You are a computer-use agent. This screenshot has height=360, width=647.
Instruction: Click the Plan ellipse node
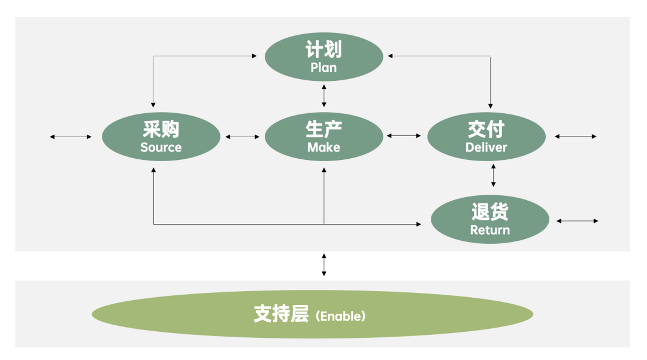(323, 56)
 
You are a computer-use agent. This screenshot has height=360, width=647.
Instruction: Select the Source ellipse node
(161, 137)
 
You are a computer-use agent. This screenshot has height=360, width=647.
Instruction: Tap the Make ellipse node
(323, 137)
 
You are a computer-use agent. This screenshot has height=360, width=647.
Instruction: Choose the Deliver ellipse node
(486, 137)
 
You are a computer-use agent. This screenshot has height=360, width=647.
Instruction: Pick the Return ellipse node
(489, 219)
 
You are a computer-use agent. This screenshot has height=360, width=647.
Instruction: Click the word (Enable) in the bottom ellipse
(340, 316)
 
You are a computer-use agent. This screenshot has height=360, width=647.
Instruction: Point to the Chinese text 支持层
(280, 315)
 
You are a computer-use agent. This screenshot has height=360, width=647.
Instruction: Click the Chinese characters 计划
(323, 49)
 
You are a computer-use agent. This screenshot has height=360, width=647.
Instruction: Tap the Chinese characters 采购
(161, 129)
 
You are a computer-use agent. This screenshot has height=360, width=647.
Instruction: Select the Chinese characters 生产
(323, 129)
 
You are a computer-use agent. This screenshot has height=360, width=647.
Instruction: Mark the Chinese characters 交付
(486, 129)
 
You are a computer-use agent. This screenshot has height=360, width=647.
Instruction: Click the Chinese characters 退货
(489, 211)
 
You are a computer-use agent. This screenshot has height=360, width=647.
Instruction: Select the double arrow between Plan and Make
(324, 96)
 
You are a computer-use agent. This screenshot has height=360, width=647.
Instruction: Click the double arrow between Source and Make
(243, 137)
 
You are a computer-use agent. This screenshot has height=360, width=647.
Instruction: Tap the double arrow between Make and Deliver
(404, 136)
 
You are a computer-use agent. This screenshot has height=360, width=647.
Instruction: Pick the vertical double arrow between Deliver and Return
(493, 174)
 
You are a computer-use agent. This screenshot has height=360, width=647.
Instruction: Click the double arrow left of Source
(71, 137)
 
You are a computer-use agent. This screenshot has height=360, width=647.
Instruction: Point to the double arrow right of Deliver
(575, 137)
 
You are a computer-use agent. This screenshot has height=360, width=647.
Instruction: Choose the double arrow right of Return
(577, 221)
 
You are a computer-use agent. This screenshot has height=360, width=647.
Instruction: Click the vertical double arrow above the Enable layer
(324, 265)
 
